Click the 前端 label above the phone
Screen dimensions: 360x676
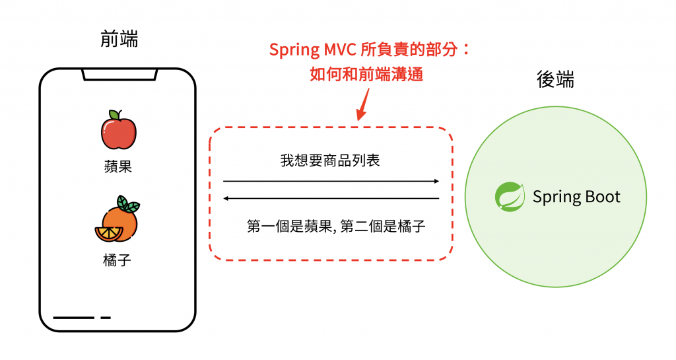coord(119,40)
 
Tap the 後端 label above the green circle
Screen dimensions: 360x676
coord(555,80)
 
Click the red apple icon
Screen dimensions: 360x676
coord(119,131)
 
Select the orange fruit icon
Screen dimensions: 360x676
coord(119,221)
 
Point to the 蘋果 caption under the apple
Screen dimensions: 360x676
coord(118,166)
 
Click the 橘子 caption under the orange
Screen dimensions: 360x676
coord(118,260)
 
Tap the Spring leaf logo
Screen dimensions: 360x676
coord(509,197)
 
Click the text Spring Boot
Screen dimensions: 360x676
coord(576,197)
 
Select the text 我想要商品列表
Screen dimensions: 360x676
coord(330,161)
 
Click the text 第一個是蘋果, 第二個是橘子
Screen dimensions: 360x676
coord(336,227)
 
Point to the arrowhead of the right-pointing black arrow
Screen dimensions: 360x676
coord(436,180)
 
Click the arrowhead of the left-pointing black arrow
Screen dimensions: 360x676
coord(226,198)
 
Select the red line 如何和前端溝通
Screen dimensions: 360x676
coord(366,74)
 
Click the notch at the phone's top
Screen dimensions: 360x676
coord(119,74)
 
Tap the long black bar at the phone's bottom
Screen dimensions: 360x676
coord(73,318)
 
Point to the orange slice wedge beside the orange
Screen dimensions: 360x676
coord(108,233)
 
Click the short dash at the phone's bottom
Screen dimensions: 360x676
coord(106,318)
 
